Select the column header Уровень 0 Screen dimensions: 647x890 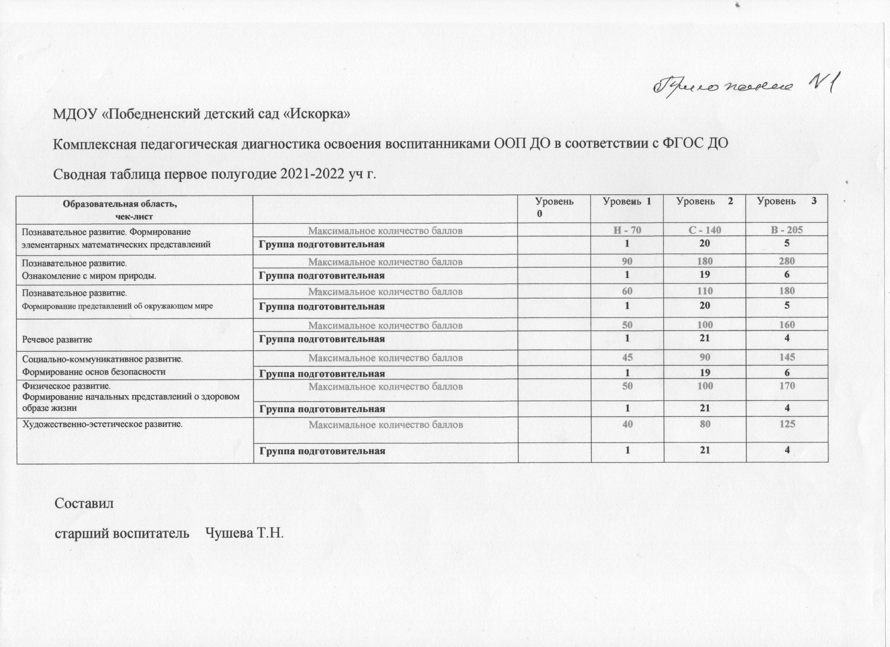(x=555, y=207)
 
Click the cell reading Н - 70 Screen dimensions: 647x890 (x=627, y=230)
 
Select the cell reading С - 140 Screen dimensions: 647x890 (x=705, y=230)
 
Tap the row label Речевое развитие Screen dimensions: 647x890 (x=57, y=339)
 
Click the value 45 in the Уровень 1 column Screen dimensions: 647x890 (x=627, y=357)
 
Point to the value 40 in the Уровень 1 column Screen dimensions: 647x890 (x=627, y=424)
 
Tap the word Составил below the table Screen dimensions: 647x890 (x=84, y=503)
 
